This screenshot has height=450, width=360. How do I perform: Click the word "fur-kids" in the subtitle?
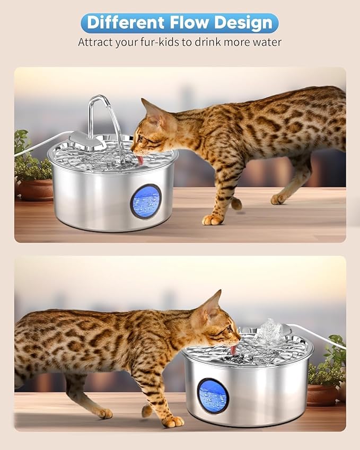click(x=155, y=42)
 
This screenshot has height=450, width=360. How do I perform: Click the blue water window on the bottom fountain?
click(x=213, y=395)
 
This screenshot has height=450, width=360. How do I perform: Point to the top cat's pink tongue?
click(x=139, y=158)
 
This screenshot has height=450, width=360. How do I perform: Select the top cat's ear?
click(x=149, y=108)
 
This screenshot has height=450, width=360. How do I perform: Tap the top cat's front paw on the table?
click(x=212, y=219)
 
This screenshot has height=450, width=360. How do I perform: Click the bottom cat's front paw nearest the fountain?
click(x=172, y=421)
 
